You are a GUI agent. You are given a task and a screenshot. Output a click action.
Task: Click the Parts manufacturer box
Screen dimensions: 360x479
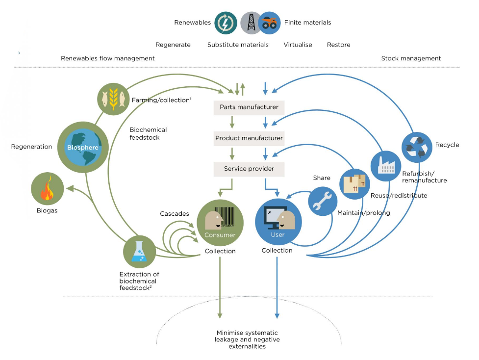249,107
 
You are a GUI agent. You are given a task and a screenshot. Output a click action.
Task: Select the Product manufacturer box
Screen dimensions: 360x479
249,138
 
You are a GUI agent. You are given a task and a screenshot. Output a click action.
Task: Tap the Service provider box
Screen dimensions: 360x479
249,169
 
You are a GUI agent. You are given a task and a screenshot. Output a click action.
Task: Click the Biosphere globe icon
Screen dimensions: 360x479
83,147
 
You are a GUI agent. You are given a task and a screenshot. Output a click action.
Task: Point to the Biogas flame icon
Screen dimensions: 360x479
47,189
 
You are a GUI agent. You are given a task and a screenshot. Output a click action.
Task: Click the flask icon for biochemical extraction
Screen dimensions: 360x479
139,252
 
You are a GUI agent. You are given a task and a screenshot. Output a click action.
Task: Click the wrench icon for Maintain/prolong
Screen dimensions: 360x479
322,201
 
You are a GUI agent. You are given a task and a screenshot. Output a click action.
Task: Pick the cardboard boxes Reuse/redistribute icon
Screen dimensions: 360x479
355,183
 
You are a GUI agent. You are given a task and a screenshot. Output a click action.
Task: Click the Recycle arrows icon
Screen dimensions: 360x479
417,147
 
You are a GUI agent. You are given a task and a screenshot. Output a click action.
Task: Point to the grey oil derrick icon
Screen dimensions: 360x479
251,23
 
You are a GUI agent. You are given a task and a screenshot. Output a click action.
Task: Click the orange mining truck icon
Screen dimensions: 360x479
269,23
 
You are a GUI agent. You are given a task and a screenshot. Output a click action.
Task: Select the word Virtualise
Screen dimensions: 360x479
298,45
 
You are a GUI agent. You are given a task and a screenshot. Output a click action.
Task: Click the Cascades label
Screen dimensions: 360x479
174,214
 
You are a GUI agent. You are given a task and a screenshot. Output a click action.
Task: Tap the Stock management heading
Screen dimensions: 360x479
411,58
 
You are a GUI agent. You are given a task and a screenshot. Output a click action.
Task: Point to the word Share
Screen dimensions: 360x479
322,178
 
